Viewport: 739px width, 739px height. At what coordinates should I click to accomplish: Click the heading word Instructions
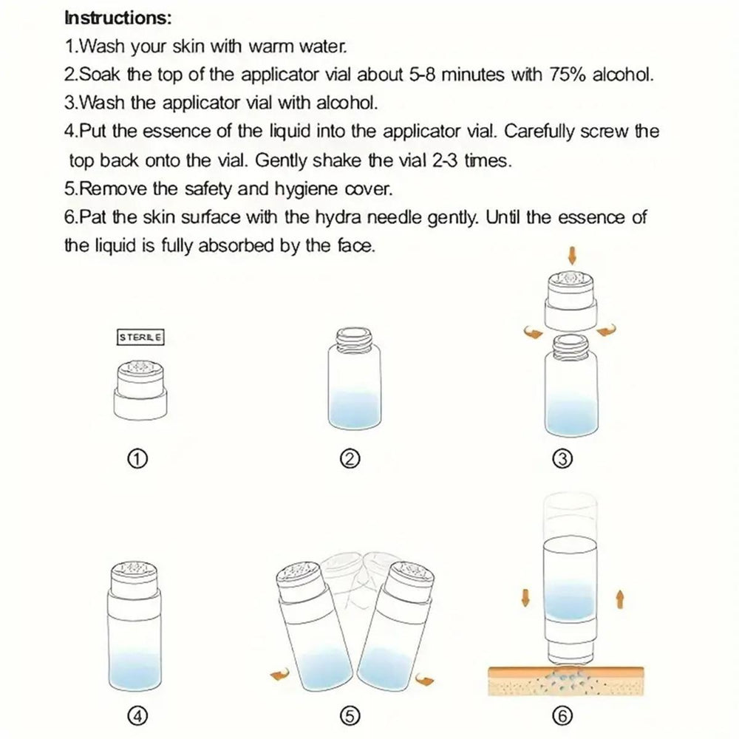(118, 18)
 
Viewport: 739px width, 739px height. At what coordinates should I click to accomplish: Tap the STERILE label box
(140, 338)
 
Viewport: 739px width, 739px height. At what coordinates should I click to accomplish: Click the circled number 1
(137, 458)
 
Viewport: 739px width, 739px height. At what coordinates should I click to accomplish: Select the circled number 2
(350, 458)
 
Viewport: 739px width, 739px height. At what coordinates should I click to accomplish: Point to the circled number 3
(562, 458)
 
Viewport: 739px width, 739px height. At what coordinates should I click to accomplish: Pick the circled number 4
(137, 716)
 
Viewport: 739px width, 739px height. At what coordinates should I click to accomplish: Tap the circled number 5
(350, 716)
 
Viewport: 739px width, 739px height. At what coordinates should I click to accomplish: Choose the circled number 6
(562, 716)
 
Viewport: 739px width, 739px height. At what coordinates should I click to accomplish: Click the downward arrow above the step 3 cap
(572, 256)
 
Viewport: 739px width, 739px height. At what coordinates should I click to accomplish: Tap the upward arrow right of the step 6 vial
(620, 599)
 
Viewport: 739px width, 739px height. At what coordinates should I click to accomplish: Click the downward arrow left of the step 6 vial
(525, 598)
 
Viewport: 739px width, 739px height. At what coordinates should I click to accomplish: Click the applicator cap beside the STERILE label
(140, 389)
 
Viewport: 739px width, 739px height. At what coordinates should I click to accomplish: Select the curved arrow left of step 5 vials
(279, 675)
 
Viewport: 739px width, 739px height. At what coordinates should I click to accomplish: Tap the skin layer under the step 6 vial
(565, 681)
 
